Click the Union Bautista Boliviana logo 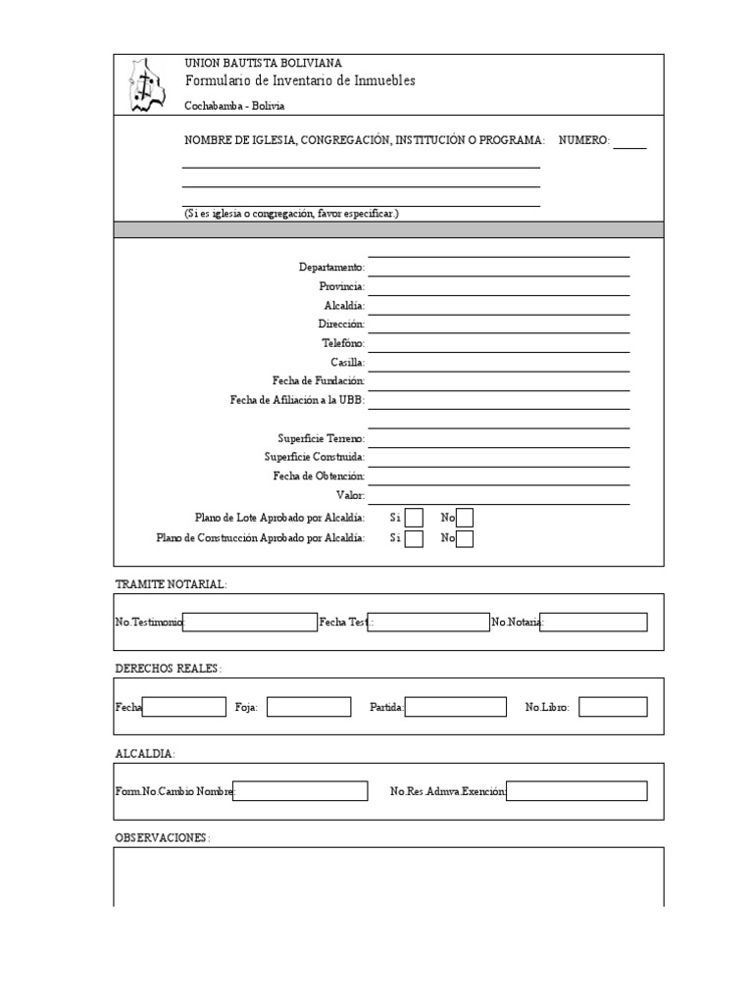coord(146,85)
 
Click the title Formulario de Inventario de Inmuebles coord(300,80)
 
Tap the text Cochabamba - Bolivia coord(235,106)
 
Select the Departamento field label coord(331,268)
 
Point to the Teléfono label coord(342,344)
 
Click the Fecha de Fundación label coord(319,380)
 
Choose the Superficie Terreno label coord(321,438)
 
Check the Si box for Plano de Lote coord(414,518)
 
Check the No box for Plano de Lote coord(465,518)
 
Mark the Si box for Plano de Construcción coord(414,538)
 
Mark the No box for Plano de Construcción coord(465,538)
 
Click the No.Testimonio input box coord(250,622)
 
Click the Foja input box coord(309,707)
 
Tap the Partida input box coord(456,707)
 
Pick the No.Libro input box coord(613,707)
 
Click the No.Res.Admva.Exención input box coord(577,791)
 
